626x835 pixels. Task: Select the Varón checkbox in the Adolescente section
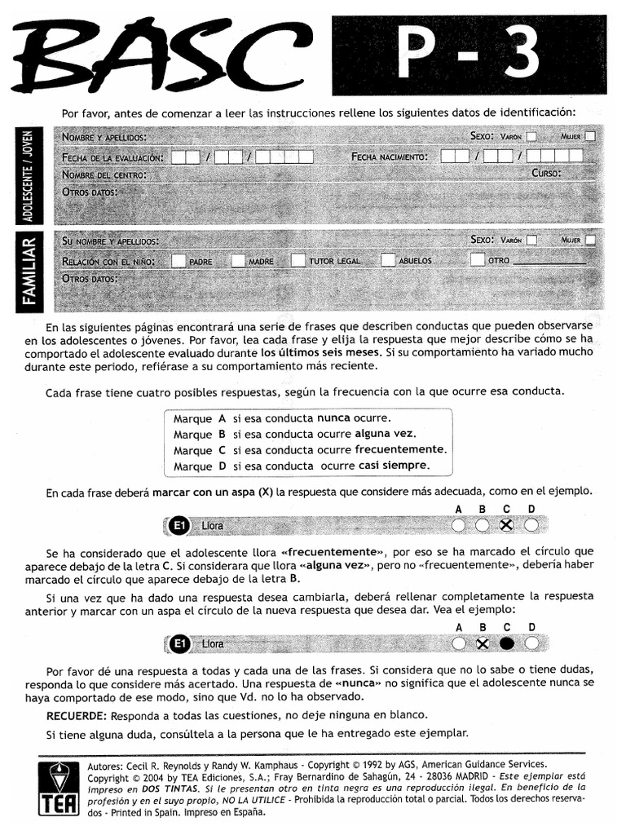pos(531,137)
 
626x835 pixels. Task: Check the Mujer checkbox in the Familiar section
pos(590,241)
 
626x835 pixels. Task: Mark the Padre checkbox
pos(178,261)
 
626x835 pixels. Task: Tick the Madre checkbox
pos(238,261)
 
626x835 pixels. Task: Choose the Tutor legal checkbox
pos(298,261)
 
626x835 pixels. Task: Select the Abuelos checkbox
pos(389,261)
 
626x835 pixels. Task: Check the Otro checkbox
pos(478,261)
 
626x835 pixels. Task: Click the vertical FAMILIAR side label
pos(30,270)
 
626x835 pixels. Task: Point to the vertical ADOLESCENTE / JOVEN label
pos(30,175)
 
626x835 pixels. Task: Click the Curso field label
pos(547,174)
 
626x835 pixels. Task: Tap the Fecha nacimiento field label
pos(389,156)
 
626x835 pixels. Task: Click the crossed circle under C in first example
pos(506,525)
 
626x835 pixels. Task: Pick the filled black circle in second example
pos(506,643)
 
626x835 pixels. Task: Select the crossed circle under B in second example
pos(483,643)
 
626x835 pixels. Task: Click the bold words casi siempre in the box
pos(394,466)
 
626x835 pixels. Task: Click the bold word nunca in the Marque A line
pos(333,417)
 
